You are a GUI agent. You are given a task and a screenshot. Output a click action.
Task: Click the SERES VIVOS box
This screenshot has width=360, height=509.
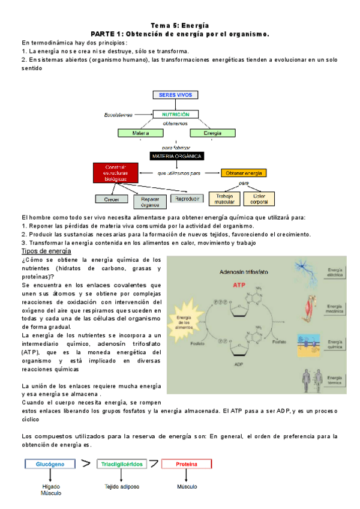176,95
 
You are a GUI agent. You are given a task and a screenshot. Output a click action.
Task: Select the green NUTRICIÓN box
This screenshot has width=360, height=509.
176,114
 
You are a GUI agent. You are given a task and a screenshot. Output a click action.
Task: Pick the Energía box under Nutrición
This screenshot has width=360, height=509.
212,133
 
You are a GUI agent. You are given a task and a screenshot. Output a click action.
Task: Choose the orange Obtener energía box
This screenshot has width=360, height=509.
244,173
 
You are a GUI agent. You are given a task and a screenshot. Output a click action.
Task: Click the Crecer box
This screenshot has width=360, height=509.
112,199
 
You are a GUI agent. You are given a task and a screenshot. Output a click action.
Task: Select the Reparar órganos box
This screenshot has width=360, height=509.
149,201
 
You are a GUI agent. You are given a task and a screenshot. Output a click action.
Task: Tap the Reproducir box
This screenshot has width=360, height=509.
187,198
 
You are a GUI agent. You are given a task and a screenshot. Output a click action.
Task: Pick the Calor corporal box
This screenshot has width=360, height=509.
260,198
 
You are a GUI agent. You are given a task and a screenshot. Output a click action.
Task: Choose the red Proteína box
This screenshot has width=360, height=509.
186,463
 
